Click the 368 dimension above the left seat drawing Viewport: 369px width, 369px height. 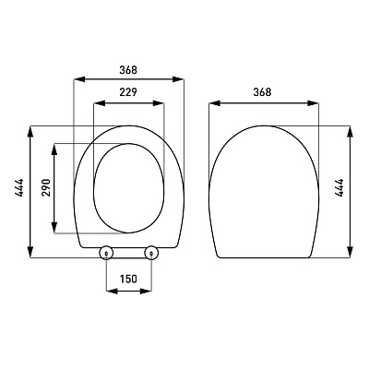point(128,70)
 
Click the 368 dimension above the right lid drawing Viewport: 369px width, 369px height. point(262,92)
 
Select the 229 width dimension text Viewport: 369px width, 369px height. point(128,92)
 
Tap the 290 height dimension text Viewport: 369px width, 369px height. point(46,187)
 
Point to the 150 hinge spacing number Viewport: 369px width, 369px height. point(128,279)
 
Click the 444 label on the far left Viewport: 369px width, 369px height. point(18,187)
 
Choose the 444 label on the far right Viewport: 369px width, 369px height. point(339,187)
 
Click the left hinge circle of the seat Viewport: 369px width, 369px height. point(106,253)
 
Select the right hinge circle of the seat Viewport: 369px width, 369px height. point(151,253)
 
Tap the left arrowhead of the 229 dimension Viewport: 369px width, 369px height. point(99,103)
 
